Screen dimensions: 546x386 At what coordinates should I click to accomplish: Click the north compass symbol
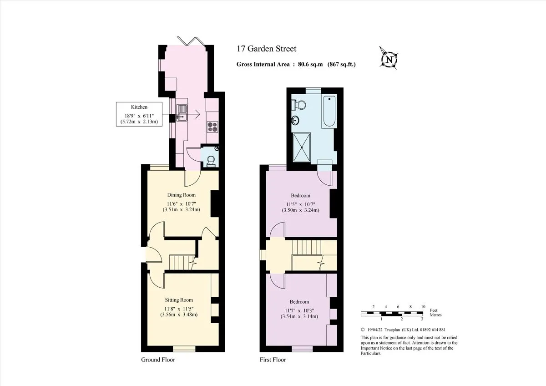pyautogui.click(x=389, y=59)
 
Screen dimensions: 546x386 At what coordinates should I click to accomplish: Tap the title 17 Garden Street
pyautogui.click(x=267, y=49)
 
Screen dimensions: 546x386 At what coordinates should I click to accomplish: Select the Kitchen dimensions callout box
pyautogui.click(x=139, y=114)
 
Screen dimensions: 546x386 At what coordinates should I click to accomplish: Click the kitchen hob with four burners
pyautogui.click(x=212, y=127)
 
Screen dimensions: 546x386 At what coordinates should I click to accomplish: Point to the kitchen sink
pyautogui.click(x=182, y=113)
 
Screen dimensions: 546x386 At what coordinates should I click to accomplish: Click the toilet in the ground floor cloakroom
pyautogui.click(x=211, y=162)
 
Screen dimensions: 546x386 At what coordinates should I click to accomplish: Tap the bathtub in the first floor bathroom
pyautogui.click(x=329, y=112)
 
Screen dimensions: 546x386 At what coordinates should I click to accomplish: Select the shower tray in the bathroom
pyautogui.click(x=302, y=147)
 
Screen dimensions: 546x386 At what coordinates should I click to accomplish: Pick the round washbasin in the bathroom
pyautogui.click(x=295, y=120)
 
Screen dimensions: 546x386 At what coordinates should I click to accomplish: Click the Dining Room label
pyautogui.click(x=182, y=195)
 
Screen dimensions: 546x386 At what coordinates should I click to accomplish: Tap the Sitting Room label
pyautogui.click(x=179, y=300)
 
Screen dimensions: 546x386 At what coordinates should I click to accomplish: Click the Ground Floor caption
pyautogui.click(x=158, y=360)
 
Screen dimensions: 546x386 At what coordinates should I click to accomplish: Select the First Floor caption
pyautogui.click(x=273, y=360)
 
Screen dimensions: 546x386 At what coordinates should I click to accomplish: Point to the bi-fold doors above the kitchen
pyautogui.click(x=192, y=41)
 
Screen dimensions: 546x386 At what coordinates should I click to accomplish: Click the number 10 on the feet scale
pyautogui.click(x=423, y=307)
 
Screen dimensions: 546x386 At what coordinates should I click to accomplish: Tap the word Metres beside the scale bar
pyautogui.click(x=435, y=315)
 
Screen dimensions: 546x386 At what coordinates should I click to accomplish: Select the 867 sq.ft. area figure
pyautogui.click(x=342, y=64)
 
